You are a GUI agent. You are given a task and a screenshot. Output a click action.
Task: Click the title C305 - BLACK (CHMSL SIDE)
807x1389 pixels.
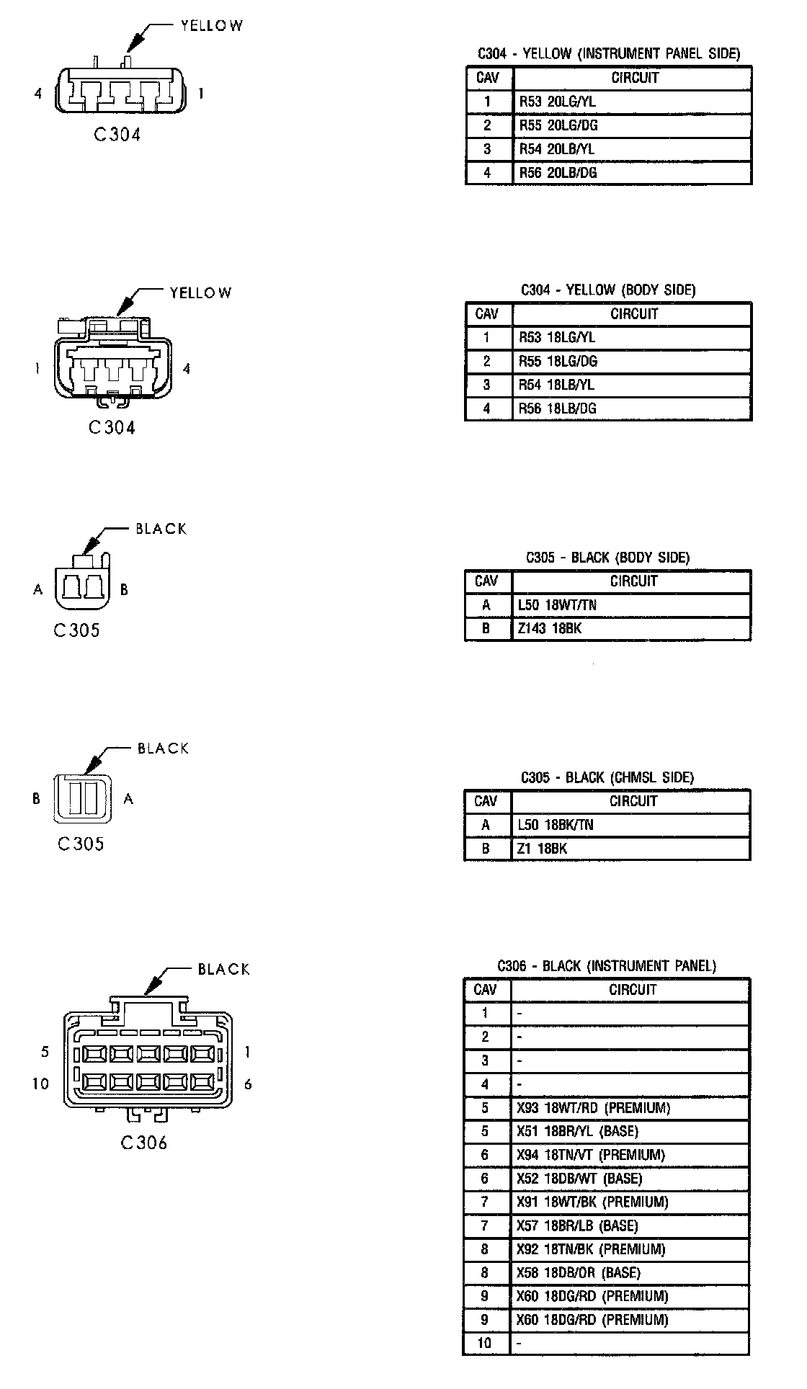[607, 777]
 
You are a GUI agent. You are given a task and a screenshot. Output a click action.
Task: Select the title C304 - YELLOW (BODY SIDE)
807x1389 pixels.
[608, 290]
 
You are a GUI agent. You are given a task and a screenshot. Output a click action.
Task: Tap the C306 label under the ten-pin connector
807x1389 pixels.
[144, 1143]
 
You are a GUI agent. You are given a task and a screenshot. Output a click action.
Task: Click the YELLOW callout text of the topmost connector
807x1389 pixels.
[211, 26]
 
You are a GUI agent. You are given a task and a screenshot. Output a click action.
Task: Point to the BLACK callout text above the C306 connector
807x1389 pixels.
[224, 969]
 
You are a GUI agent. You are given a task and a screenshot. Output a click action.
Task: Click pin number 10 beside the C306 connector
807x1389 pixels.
[40, 1084]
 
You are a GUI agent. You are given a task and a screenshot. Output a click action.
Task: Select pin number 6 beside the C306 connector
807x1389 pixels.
[248, 1084]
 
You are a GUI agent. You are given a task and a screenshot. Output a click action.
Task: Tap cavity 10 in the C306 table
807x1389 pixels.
[485, 1343]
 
